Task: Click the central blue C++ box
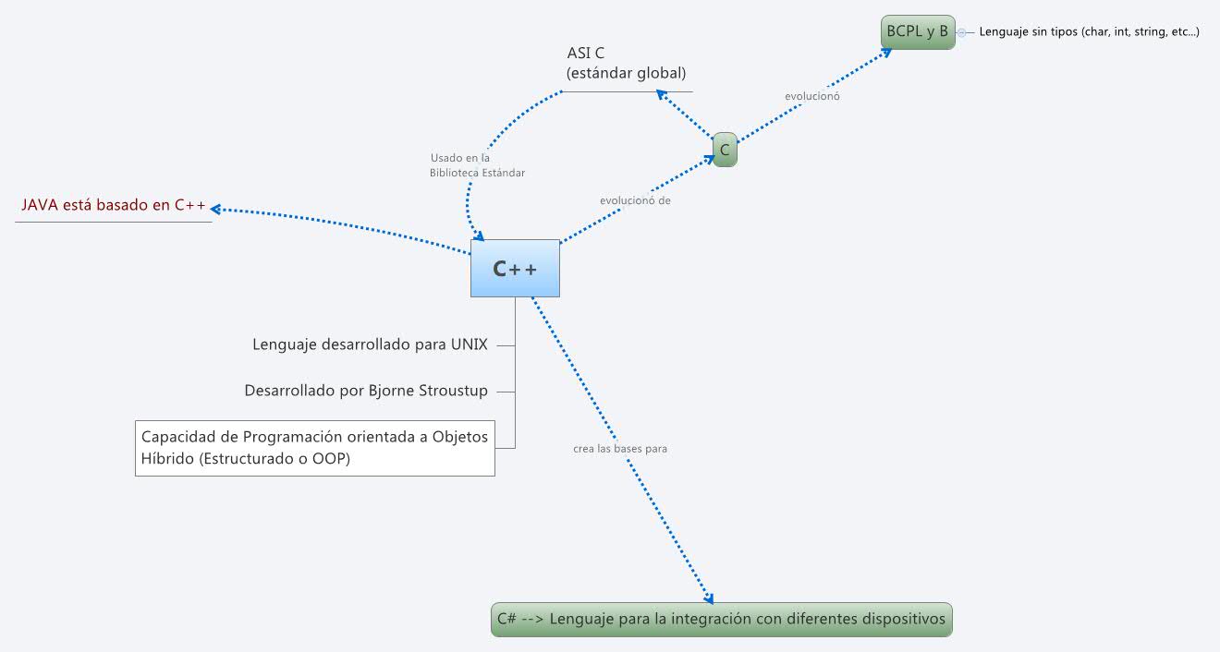point(515,269)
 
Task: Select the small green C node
point(725,150)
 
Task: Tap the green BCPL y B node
point(917,31)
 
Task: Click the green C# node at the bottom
point(721,619)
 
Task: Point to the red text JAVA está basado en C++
point(114,205)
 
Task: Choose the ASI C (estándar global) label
point(627,63)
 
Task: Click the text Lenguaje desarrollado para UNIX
point(370,344)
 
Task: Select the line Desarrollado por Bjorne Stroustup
point(366,391)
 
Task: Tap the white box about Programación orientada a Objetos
point(314,448)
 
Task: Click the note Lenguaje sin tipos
point(1089,32)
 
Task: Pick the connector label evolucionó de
point(635,199)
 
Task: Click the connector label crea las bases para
point(620,449)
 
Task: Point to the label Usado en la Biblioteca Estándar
point(477,165)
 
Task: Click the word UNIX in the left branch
point(469,344)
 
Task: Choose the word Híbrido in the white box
point(167,459)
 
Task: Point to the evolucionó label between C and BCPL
point(812,96)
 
